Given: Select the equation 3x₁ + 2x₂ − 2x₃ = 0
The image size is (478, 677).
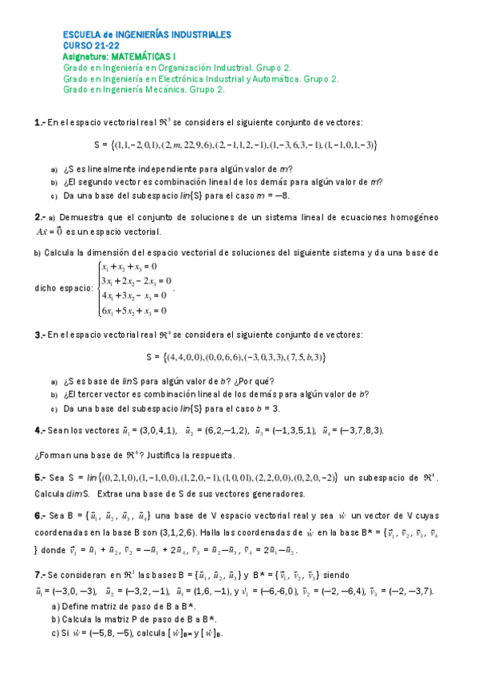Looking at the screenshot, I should (x=136, y=281).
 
